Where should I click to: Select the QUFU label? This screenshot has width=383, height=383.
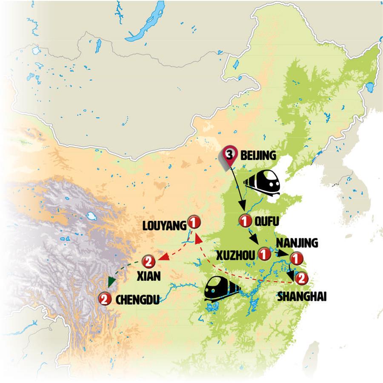[265, 221]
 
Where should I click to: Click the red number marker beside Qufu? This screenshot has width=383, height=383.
[245, 221]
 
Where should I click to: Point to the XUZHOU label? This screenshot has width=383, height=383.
[236, 255]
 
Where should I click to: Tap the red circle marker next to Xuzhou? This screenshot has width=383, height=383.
[264, 254]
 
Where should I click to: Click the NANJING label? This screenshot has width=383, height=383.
[297, 243]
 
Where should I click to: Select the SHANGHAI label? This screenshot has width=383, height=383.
[302, 297]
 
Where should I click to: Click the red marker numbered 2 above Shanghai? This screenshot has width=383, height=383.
[301, 279]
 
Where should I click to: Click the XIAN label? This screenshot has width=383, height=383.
[149, 276]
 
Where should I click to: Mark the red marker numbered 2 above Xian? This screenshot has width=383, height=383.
[148, 260]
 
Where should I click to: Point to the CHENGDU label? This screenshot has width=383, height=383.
[137, 300]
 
